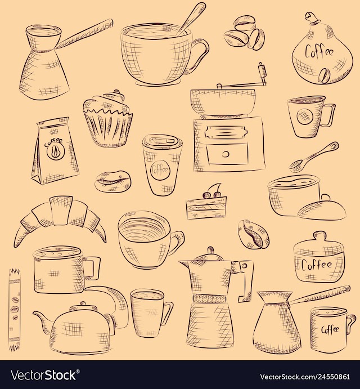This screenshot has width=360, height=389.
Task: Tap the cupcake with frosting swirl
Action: pyautogui.click(x=107, y=119)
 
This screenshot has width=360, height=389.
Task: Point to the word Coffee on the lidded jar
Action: pyautogui.click(x=317, y=265)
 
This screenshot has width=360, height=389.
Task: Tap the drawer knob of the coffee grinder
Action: pyautogui.click(x=226, y=154)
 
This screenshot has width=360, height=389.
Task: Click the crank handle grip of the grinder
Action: pyautogui.click(x=262, y=69)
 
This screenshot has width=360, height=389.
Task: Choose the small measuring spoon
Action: pyautogui.click(x=313, y=157)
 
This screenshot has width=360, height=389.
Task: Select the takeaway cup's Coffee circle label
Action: pyautogui.click(x=160, y=169)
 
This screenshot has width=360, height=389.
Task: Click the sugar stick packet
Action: pyautogui.click(x=14, y=310)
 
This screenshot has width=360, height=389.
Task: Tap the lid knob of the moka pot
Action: pyautogui.click(x=211, y=250)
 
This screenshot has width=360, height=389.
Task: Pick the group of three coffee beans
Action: pyautogui.click(x=244, y=33)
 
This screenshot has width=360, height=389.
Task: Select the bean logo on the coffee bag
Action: pyautogui.click(x=55, y=152)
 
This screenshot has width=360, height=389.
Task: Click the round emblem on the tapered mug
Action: pyautogui.click(x=304, y=116)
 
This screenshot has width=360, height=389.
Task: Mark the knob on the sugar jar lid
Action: pyautogui.click(x=319, y=236)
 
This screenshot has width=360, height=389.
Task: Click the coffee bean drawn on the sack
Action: pyautogui.click(x=324, y=75)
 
